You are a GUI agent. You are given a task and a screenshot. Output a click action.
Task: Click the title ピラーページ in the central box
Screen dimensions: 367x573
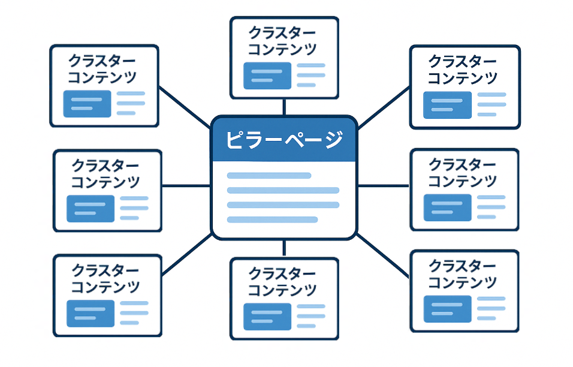[x=284, y=140]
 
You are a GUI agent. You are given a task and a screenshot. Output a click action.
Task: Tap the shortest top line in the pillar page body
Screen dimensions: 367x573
[x=269, y=176]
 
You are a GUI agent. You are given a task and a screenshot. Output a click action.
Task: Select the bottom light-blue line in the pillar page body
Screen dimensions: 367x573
[x=272, y=219]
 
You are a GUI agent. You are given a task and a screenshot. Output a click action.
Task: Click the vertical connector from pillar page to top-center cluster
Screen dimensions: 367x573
[x=284, y=107]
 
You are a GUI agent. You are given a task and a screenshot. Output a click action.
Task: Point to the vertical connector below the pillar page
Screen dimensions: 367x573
[x=284, y=247]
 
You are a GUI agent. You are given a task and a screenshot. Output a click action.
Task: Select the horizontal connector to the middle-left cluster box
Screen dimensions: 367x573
[x=186, y=186]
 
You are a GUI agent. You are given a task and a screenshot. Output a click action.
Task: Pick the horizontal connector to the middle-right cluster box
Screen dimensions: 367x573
[x=384, y=186]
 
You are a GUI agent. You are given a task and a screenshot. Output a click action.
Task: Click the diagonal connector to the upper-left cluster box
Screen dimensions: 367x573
[x=185, y=109]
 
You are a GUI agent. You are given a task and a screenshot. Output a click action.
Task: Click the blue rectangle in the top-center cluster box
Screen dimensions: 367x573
[x=267, y=76]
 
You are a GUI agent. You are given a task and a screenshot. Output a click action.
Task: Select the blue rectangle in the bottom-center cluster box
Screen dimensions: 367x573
[x=267, y=315]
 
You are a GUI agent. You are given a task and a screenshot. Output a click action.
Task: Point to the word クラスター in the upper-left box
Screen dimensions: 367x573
[x=102, y=61]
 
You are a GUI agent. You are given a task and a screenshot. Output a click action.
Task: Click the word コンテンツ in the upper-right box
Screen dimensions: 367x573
[x=462, y=78]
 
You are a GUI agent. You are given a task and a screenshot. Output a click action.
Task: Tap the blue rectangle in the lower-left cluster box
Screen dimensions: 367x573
[x=91, y=313]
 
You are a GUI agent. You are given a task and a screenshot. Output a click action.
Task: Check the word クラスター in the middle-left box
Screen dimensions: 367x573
[x=105, y=165]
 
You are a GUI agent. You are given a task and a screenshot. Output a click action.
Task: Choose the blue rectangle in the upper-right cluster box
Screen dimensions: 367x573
[x=447, y=104]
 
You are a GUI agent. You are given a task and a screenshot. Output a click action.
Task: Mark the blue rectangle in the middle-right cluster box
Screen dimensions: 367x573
[x=447, y=207]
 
